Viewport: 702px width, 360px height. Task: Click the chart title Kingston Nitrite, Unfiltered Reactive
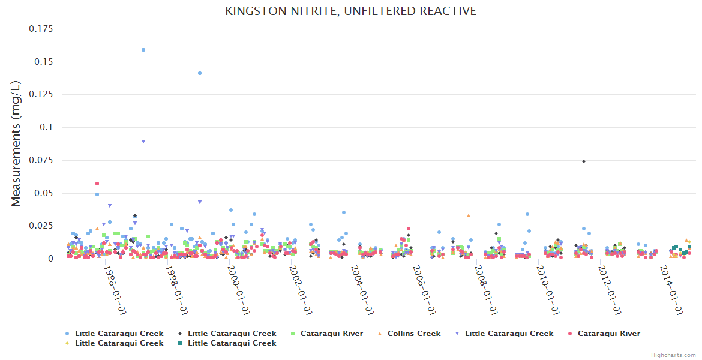(350, 11)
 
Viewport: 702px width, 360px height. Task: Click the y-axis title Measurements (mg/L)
(16, 145)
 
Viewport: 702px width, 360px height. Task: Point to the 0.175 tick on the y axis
(41, 29)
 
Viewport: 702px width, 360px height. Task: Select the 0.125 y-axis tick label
(41, 94)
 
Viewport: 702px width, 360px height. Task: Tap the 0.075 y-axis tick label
(41, 160)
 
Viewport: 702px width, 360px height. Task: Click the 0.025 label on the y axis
(41, 226)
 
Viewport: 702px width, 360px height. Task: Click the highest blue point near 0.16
(143, 50)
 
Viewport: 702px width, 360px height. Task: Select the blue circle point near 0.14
(200, 73)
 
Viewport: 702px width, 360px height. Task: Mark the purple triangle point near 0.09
(143, 142)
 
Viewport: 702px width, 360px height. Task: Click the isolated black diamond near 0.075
(583, 161)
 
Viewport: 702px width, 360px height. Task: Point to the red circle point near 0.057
(97, 184)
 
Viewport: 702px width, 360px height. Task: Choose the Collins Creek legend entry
(413, 334)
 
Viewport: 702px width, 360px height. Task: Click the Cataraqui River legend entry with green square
(331, 334)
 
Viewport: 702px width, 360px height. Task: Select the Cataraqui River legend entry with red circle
(608, 334)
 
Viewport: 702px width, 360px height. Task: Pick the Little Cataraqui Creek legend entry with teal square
(232, 343)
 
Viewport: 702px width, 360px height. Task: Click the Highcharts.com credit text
(673, 355)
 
